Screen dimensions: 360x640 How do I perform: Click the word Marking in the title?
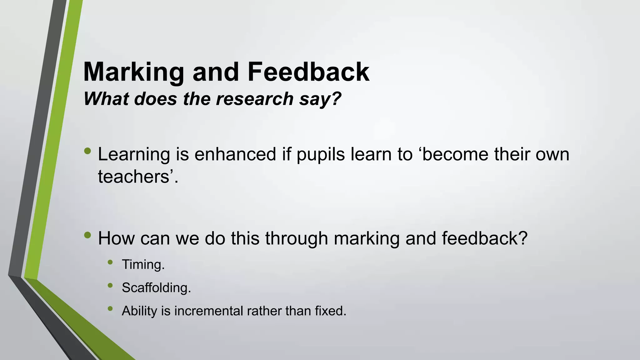click(x=134, y=72)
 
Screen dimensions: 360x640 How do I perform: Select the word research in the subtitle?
click(x=255, y=99)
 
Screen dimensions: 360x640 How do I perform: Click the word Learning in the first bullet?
click(x=134, y=155)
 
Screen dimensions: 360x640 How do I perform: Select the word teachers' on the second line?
click(x=138, y=177)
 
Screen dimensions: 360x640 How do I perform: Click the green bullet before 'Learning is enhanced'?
click(x=88, y=151)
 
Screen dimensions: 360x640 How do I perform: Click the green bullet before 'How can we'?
click(x=88, y=235)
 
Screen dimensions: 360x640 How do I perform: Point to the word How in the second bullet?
click(x=116, y=238)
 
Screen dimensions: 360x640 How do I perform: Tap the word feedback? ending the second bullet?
click(x=484, y=238)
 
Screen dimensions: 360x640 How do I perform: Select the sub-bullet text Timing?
click(x=143, y=265)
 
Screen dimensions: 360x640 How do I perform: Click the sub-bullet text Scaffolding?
click(x=156, y=288)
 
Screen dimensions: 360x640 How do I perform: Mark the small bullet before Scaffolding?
click(x=110, y=285)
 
